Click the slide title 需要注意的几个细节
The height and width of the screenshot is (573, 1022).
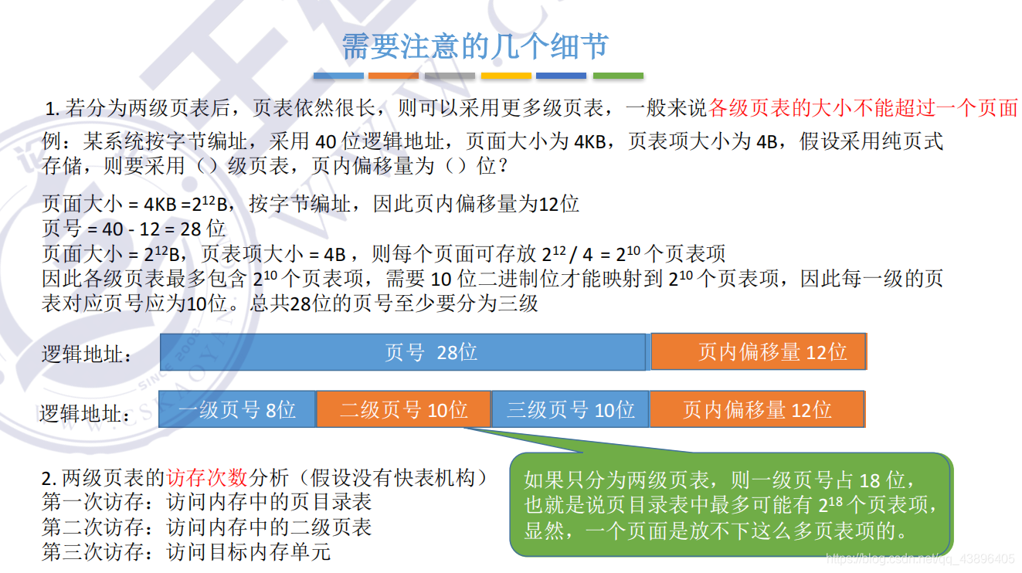(475, 46)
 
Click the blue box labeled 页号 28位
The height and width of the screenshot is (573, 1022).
(402, 352)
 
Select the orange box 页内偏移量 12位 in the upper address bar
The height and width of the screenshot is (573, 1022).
(758, 352)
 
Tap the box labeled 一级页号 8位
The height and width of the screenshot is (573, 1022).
(237, 409)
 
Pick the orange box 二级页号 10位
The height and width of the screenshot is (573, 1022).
(403, 409)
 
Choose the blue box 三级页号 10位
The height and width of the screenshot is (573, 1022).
(569, 409)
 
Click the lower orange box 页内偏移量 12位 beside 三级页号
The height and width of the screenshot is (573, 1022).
(756, 409)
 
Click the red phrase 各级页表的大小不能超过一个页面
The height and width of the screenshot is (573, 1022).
(863, 108)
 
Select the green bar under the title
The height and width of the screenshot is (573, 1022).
(618, 76)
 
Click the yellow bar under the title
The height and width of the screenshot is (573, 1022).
(506, 76)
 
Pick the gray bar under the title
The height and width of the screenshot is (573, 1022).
(450, 76)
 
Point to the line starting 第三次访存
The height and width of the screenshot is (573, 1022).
(186, 551)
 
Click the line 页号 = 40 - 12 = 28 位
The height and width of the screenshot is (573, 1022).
(134, 229)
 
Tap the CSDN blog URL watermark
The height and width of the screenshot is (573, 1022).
(921, 558)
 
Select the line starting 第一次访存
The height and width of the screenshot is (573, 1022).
(206, 502)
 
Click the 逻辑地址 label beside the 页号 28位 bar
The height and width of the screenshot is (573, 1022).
(87, 354)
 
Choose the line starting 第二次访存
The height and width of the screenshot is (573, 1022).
(206, 527)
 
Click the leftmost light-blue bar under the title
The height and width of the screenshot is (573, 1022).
(338, 76)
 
